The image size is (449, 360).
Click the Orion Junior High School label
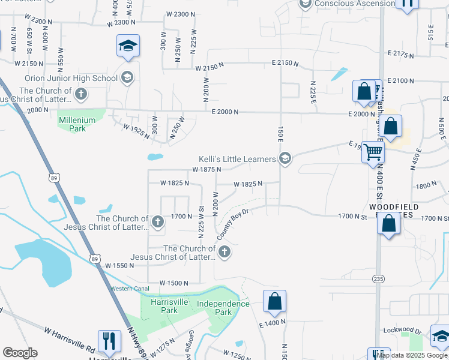[71, 78]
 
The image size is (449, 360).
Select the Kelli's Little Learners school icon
[285, 159]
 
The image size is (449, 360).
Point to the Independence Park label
[223, 308]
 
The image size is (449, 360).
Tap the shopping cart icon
[373, 152]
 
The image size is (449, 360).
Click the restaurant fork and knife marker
[108, 341]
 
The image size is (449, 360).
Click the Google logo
[20, 353]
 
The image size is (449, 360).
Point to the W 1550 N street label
[122, 265]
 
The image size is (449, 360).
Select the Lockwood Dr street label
[403, 330]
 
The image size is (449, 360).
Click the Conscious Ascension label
[355, 4]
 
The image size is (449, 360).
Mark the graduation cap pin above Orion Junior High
[127, 47]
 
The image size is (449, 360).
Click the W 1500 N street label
[175, 283]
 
